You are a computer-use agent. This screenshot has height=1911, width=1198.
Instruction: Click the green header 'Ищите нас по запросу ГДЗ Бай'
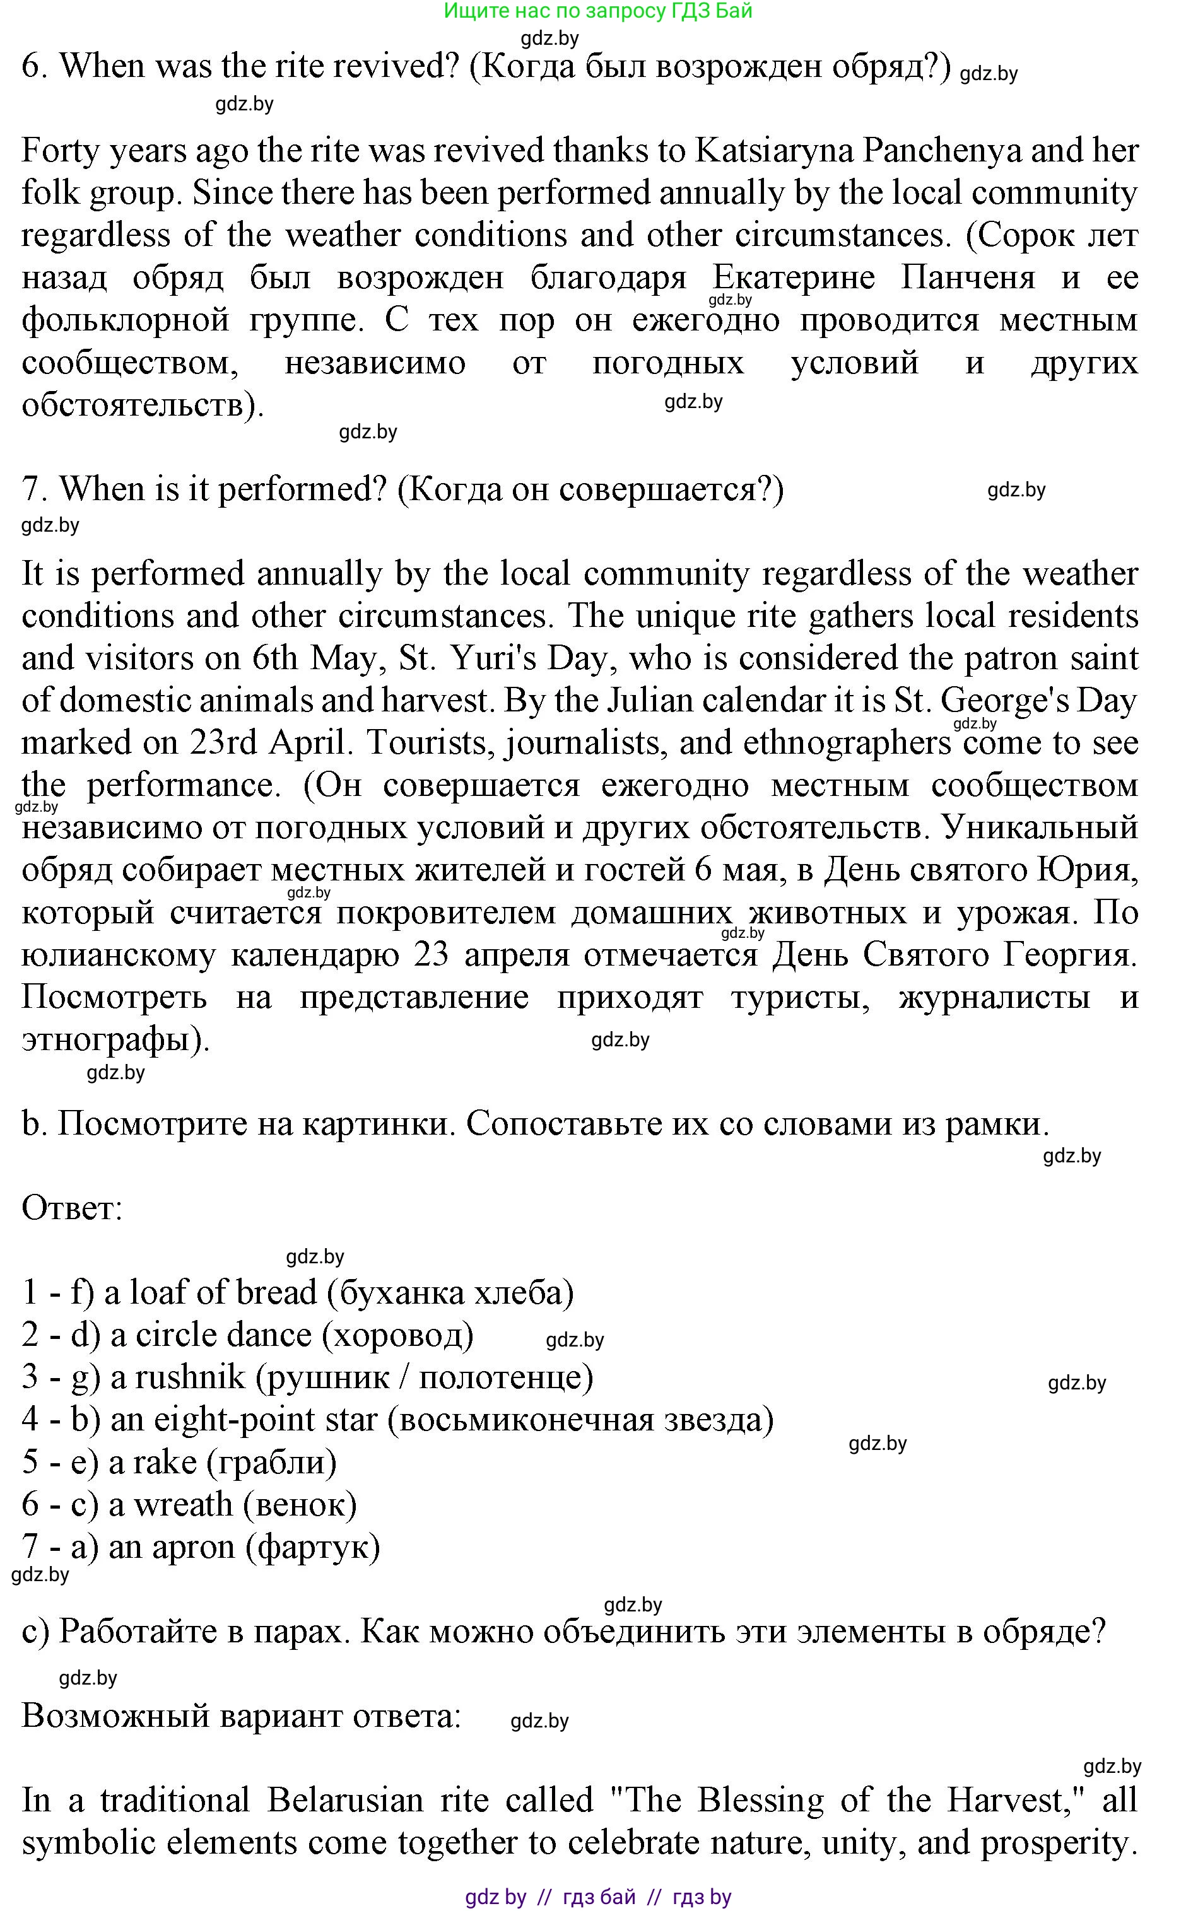coord(597,11)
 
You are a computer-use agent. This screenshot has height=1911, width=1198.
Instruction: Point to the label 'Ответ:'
coord(72,1208)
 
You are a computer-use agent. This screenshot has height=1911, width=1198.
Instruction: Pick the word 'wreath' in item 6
coord(183,1504)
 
